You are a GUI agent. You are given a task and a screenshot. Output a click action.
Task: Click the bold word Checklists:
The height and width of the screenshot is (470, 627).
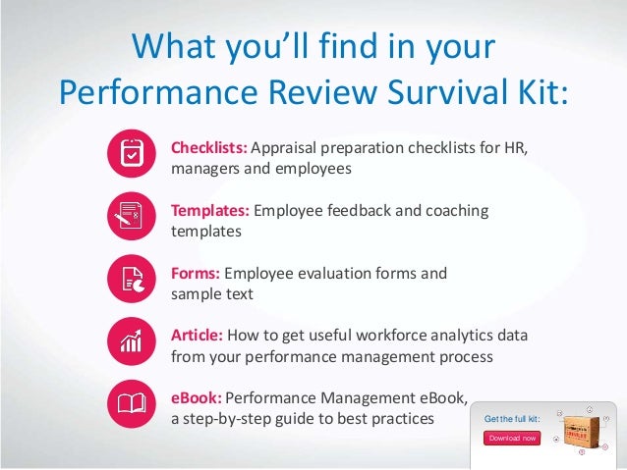click(x=209, y=149)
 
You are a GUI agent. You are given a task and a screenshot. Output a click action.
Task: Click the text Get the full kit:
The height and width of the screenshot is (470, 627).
click(x=512, y=420)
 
